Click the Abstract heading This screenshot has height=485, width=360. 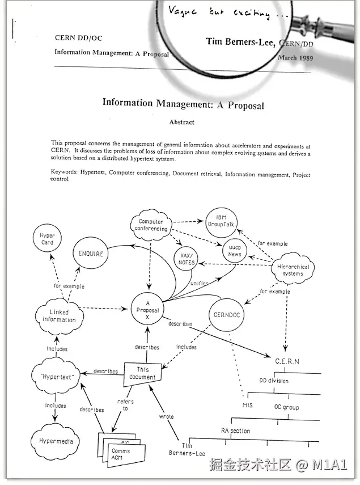point(181,122)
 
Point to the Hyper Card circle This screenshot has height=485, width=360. point(48,239)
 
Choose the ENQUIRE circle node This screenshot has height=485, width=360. point(91,254)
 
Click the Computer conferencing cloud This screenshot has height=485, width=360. point(151,225)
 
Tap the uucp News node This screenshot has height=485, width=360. point(235,251)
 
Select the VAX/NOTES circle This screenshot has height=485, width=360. point(187,259)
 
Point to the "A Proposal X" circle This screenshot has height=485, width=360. point(147,310)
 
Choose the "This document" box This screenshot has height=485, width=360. point(143,373)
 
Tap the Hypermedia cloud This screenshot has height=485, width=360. point(56,440)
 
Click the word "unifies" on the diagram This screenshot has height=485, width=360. point(199,283)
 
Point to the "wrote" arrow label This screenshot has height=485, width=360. point(166,416)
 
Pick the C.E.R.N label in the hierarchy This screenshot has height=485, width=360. point(287,361)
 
